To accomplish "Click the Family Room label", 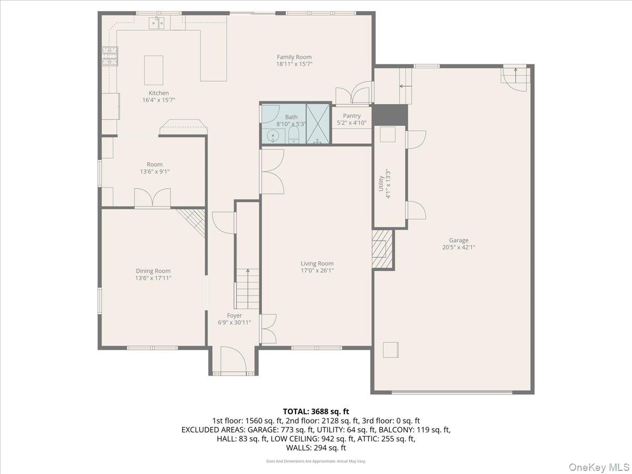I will (x=294, y=57).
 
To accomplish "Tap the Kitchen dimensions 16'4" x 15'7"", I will (x=159, y=100).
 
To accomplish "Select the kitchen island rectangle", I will (x=154, y=70).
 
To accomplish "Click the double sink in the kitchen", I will (x=156, y=23).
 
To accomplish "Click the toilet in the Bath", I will (x=293, y=135).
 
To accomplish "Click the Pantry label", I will (x=351, y=116).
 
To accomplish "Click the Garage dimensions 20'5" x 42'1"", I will (x=458, y=247).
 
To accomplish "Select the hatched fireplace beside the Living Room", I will (x=382, y=249).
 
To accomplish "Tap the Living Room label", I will (x=317, y=264).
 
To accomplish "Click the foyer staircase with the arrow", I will (x=247, y=289).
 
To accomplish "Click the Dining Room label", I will (x=153, y=271).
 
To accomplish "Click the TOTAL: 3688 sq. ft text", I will (x=316, y=411).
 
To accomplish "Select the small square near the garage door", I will (x=390, y=350).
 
